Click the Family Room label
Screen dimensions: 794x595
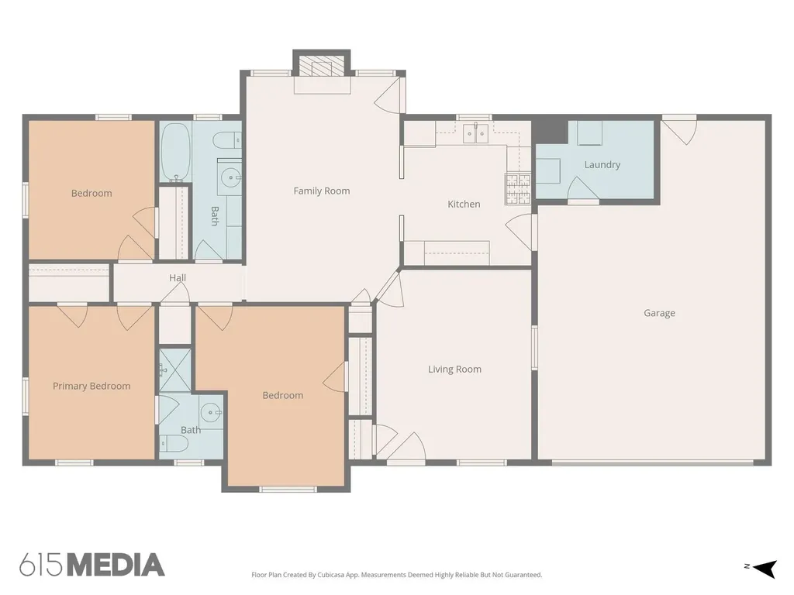pos(322,191)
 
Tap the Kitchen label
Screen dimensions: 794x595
pos(464,204)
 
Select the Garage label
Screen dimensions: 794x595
pos(659,313)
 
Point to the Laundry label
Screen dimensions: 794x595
pos(602,164)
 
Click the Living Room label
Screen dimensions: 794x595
pos(454,370)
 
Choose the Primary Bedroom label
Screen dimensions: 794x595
pos(91,386)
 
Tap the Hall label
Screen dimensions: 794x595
pos(178,278)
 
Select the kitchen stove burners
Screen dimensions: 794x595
pos(517,189)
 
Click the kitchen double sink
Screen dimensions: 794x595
pos(476,133)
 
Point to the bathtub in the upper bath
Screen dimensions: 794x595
pos(175,153)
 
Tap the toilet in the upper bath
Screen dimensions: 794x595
pos(227,139)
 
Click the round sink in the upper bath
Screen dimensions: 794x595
pos(231,177)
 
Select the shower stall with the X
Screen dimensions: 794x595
pos(175,370)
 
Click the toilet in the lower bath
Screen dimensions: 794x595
pos(174,444)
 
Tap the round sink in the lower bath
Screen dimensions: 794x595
pos(210,412)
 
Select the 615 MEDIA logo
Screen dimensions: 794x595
pos(92,565)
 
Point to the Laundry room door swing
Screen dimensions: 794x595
pos(583,189)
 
